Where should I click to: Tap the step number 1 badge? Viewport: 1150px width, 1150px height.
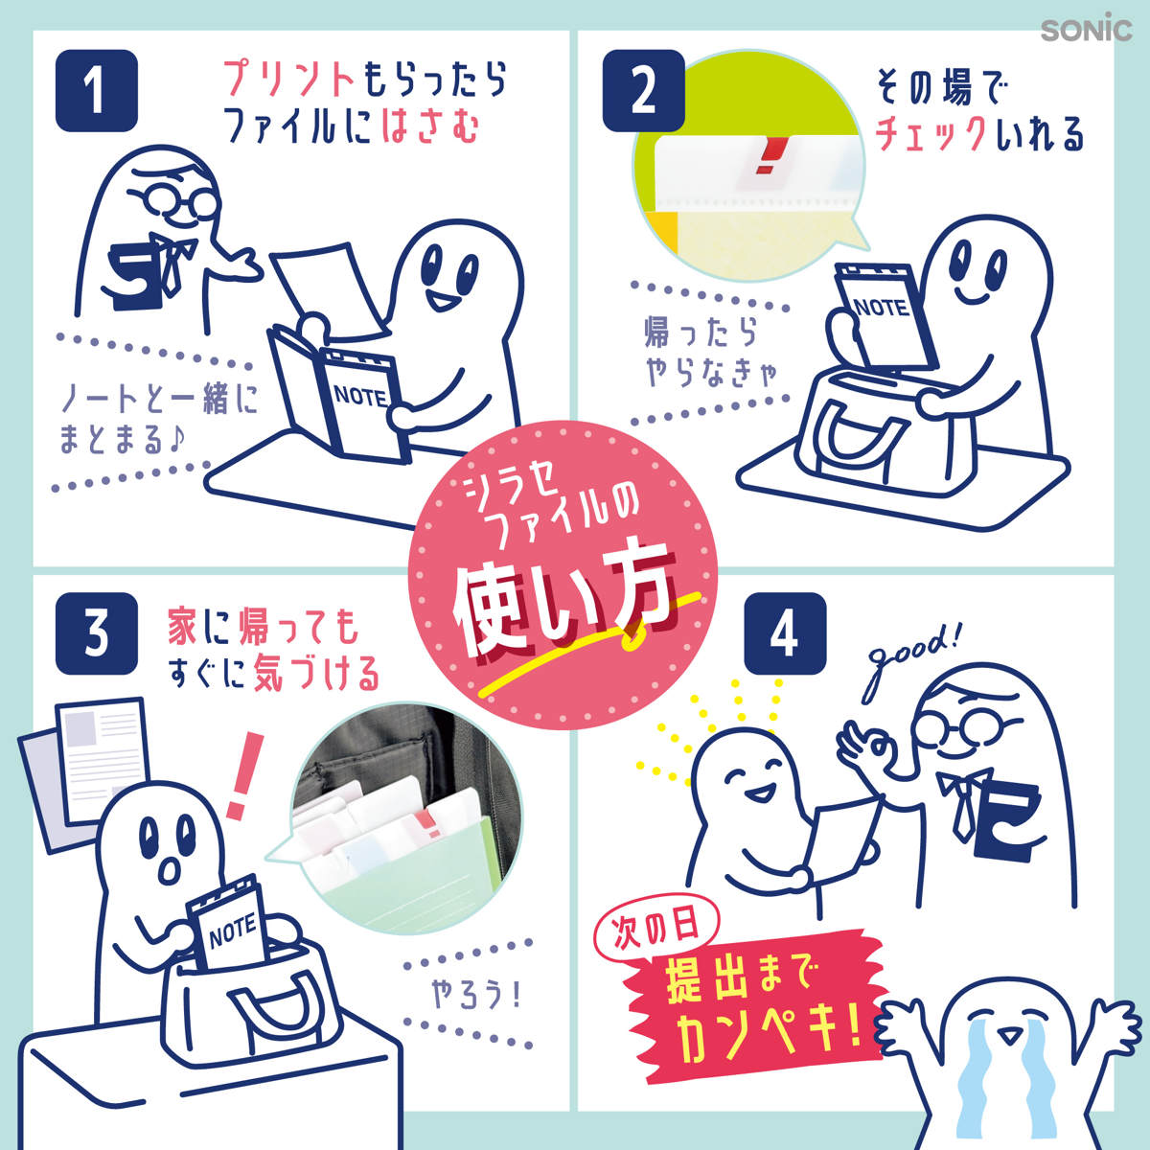point(97,90)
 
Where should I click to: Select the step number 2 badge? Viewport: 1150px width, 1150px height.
point(643,90)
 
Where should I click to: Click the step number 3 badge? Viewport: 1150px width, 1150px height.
point(97,633)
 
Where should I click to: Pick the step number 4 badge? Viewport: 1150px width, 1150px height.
point(785,633)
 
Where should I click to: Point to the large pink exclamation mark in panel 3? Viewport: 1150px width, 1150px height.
point(244,776)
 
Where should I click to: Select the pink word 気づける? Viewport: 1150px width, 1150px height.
point(316,674)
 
